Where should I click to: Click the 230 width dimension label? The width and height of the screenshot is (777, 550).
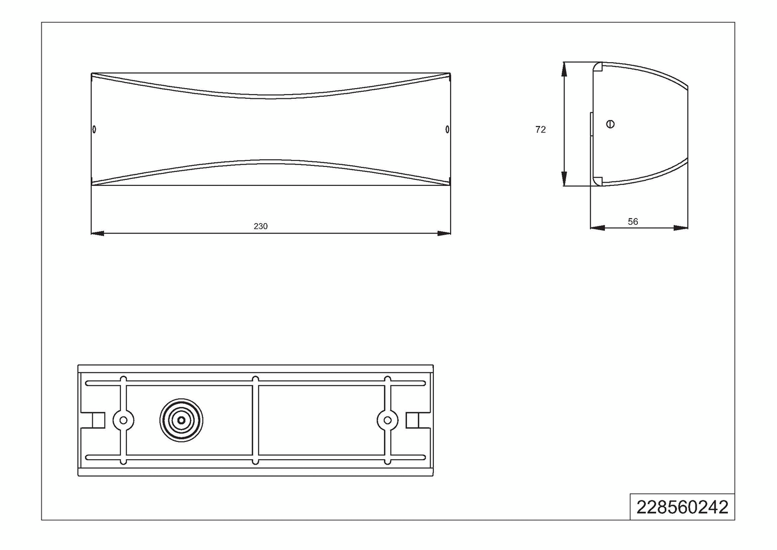[x=261, y=226]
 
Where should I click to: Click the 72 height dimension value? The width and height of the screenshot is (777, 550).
[x=540, y=130]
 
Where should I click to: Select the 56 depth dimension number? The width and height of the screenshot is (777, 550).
[x=633, y=222]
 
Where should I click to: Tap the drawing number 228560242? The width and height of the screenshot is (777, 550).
[x=682, y=507]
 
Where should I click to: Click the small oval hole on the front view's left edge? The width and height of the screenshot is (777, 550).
[x=94, y=129]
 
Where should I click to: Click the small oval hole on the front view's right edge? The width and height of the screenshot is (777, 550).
[x=447, y=129]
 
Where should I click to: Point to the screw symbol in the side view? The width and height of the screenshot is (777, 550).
[x=610, y=124]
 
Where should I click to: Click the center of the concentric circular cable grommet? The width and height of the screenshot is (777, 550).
[x=181, y=420]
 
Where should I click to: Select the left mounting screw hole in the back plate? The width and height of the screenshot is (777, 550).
[x=124, y=420]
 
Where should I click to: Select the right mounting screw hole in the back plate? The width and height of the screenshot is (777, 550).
[x=387, y=420]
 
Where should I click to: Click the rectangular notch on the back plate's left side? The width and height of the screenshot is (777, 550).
[x=98, y=420]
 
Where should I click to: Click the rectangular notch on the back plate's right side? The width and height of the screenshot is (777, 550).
[x=413, y=420]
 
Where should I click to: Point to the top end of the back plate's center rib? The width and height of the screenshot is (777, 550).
[x=256, y=379]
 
